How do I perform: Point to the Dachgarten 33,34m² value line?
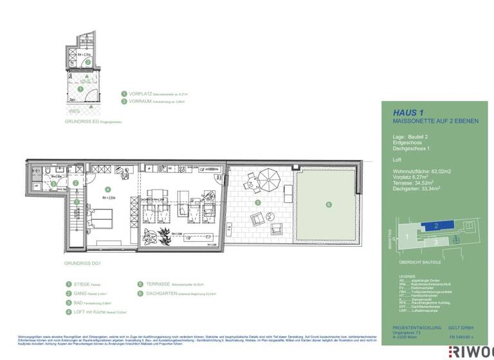(419, 190)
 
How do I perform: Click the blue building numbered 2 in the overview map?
(435, 226)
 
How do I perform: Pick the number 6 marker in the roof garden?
(328, 204)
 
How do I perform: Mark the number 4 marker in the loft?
(107, 189)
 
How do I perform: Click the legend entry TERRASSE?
(158, 283)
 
